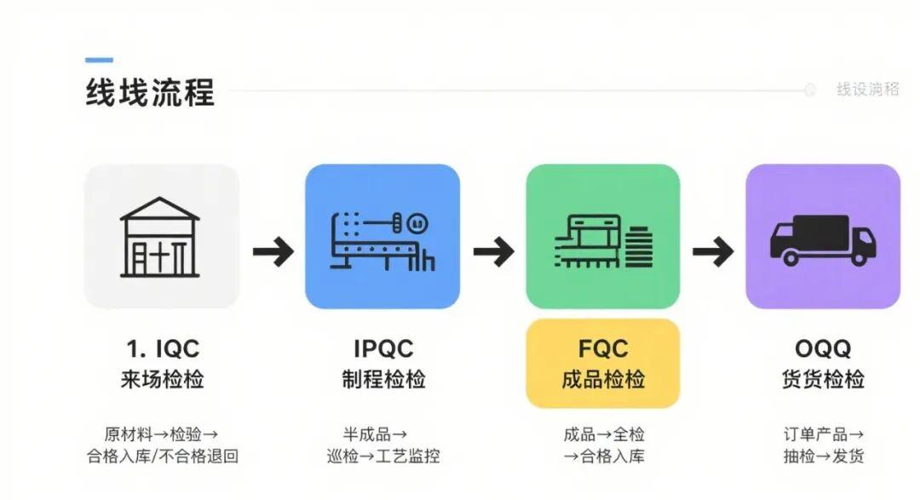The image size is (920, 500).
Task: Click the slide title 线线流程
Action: (150, 92)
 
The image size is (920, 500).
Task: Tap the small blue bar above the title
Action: (99, 60)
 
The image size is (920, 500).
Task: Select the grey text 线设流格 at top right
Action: (867, 89)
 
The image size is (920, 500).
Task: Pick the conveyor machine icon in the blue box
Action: (382, 239)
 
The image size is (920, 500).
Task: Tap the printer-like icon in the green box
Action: (602, 239)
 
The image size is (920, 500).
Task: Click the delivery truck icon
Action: (822, 239)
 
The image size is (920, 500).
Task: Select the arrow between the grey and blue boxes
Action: (273, 251)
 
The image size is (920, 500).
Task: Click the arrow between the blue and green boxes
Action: (493, 251)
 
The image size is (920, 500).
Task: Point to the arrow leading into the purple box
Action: (713, 251)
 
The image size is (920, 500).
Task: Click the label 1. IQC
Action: (162, 348)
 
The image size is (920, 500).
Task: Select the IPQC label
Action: (382, 348)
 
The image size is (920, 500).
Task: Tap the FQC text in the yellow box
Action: (603, 348)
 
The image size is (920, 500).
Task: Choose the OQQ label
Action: (823, 348)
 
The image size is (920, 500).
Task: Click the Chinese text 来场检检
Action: (162, 380)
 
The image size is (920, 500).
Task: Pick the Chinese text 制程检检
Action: (382, 380)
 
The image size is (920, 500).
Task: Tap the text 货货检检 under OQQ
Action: (823, 380)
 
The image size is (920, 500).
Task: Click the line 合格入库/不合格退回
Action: (162, 457)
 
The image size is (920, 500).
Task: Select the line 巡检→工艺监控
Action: (382, 457)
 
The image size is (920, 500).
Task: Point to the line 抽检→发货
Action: (823, 457)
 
